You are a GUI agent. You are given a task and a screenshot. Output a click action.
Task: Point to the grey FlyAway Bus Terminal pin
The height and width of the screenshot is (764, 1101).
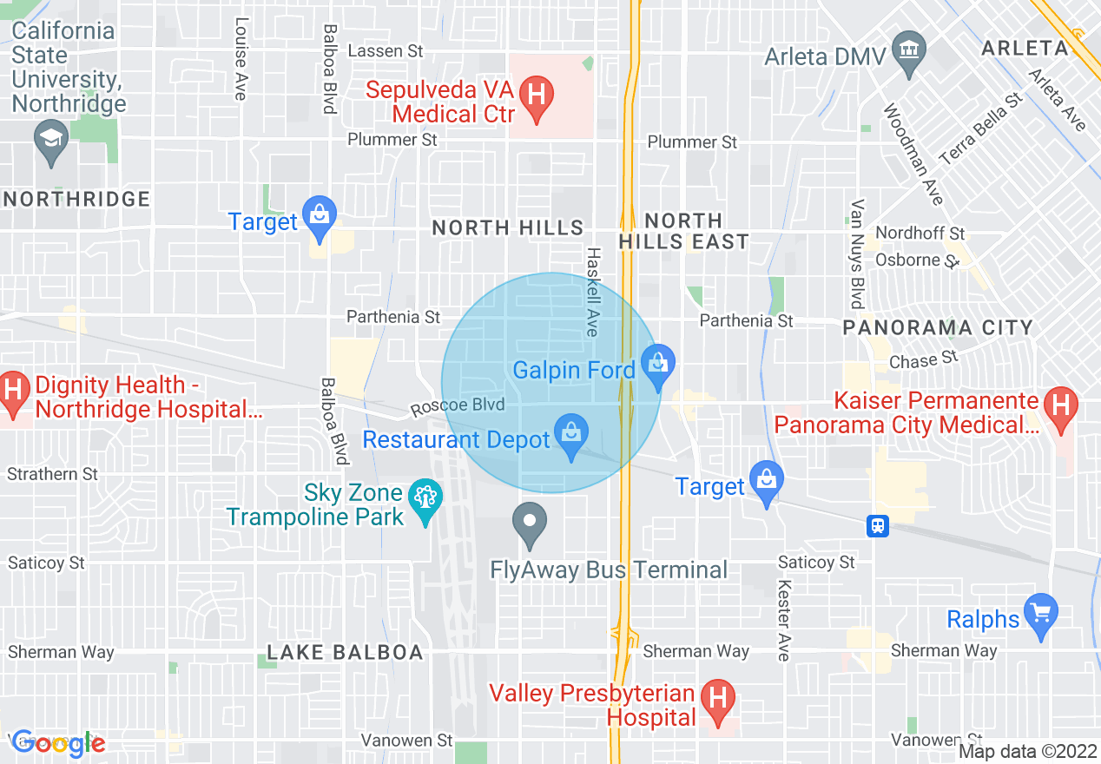(x=530, y=525)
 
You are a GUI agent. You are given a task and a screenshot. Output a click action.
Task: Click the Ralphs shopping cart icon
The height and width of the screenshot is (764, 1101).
(x=1041, y=615)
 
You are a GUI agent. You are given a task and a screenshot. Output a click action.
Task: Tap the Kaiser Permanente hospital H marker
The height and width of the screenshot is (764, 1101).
(x=1060, y=408)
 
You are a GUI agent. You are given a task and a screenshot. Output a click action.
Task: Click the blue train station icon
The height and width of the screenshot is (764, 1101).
(x=878, y=526)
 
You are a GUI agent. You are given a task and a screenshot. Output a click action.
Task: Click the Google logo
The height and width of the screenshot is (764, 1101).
(x=58, y=743)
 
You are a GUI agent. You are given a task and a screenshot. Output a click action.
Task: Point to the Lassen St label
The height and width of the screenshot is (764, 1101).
(x=386, y=51)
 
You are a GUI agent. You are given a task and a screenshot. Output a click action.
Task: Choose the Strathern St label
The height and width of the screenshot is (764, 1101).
(x=53, y=474)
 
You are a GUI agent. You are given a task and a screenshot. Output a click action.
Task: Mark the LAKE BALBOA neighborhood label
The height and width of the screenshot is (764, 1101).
(x=345, y=652)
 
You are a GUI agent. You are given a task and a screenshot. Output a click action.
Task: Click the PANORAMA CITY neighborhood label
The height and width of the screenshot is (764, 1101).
(x=938, y=328)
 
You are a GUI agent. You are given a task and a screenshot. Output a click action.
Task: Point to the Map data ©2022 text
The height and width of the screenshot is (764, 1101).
(x=1027, y=751)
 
